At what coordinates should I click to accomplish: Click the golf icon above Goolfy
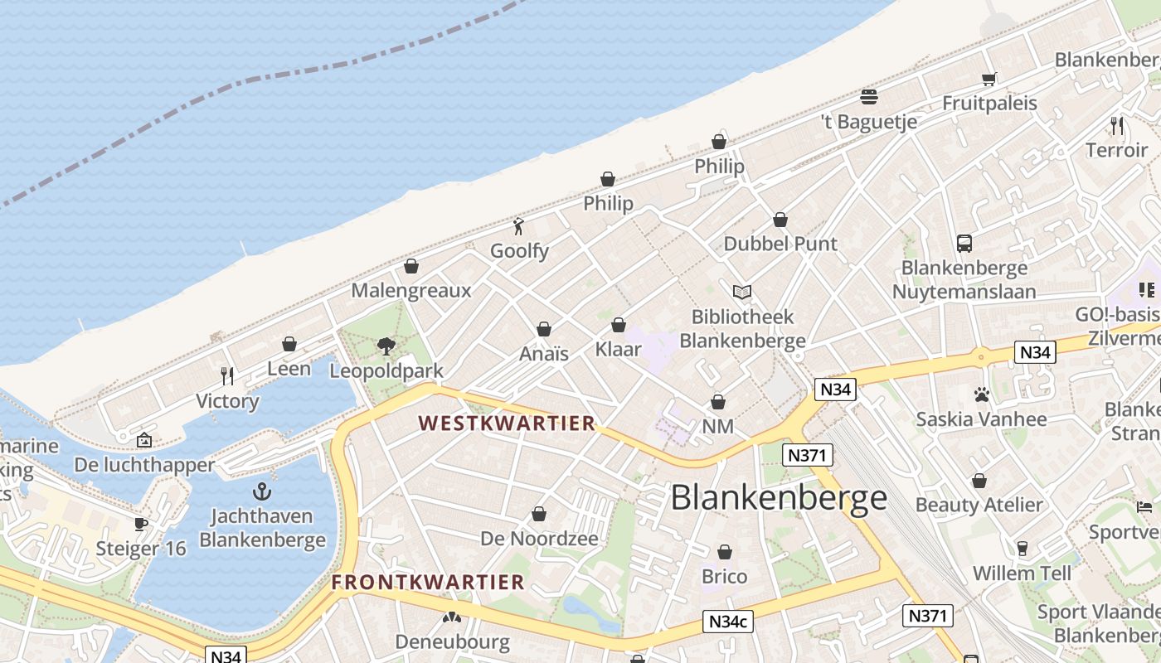click(519, 225)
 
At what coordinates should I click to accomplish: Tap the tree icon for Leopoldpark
click(386, 346)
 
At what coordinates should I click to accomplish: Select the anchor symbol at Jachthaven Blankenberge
click(262, 491)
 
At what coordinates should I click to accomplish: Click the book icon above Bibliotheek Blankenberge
click(742, 292)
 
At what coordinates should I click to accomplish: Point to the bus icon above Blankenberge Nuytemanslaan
click(964, 244)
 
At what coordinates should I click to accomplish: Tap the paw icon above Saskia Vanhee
click(982, 394)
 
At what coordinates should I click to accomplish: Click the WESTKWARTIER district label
click(507, 423)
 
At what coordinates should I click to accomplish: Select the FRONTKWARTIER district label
click(428, 582)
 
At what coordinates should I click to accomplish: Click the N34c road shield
click(728, 622)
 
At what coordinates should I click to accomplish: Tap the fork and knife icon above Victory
click(227, 376)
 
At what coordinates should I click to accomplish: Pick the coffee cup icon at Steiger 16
click(141, 524)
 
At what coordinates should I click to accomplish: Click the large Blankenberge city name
click(779, 498)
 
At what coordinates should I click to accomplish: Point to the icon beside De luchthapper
click(144, 440)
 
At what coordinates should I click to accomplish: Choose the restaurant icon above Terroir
click(1117, 126)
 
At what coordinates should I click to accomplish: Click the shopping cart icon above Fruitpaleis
click(989, 79)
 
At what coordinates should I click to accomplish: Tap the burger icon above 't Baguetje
click(868, 97)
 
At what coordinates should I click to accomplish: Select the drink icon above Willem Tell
click(1022, 549)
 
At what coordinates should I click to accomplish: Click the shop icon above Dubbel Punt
click(780, 220)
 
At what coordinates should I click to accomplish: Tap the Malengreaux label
click(410, 290)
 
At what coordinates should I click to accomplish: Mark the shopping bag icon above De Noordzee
click(539, 514)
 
